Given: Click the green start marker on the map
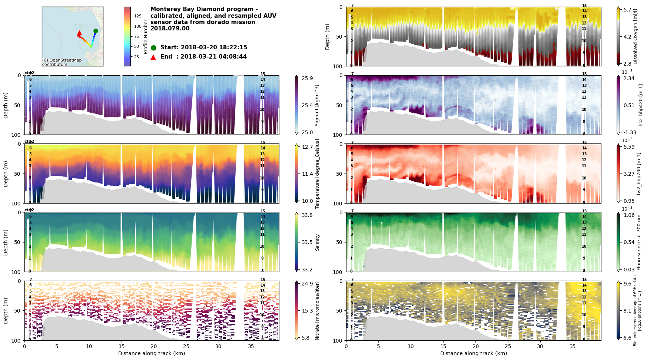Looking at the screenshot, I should tap(96, 31).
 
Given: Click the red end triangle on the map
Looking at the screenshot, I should tap(79, 33).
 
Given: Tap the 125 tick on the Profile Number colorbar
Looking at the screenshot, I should tap(138, 16).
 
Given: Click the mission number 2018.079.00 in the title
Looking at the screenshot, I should tap(170, 29).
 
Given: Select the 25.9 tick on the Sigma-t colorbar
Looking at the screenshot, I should tap(307, 78).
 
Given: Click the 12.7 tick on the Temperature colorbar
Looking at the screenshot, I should tap(307, 147).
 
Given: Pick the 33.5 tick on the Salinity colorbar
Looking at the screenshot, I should tap(307, 242).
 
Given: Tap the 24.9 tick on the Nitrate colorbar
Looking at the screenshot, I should tap(307, 284).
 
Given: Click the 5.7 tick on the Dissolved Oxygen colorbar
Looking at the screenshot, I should tap(627, 10).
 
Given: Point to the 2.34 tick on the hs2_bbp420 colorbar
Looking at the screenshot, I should tap(629, 78).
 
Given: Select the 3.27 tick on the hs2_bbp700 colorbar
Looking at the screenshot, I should tap(629, 174).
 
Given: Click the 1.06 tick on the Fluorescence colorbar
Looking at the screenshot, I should tap(629, 215).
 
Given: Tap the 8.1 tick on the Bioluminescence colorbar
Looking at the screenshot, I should tap(627, 311).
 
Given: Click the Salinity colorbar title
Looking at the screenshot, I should tap(317, 242).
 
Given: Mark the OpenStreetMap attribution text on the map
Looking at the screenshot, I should tap(62, 62).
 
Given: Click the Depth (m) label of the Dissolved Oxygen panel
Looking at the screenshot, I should tap(328, 37).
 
